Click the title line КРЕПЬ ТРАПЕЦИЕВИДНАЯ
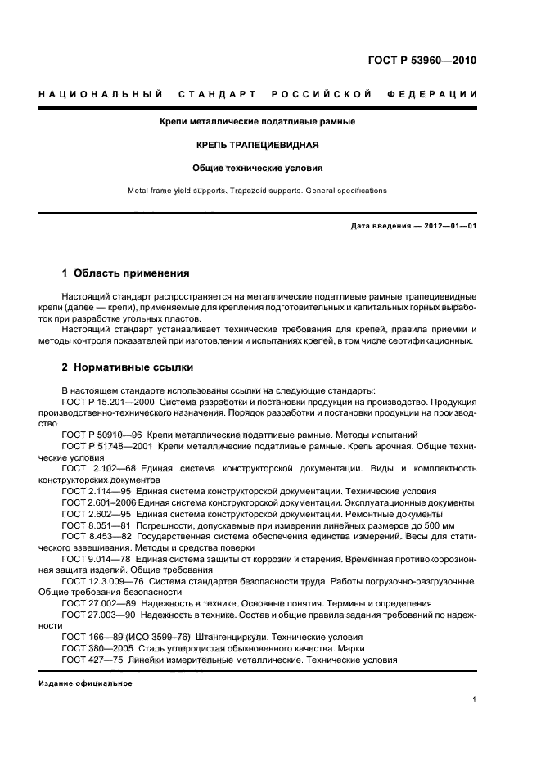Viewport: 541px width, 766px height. click(x=257, y=145)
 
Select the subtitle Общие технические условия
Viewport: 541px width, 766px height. click(x=257, y=168)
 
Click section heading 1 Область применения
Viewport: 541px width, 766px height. click(x=126, y=273)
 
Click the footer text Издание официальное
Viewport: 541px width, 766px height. click(x=85, y=683)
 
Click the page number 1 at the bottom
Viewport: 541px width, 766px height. click(x=474, y=700)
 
